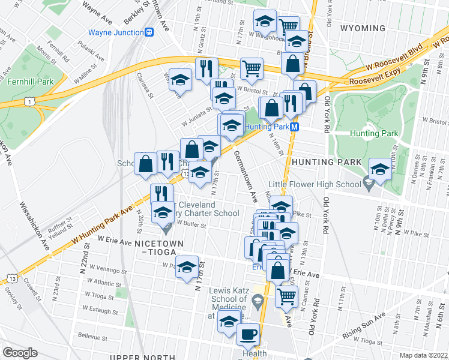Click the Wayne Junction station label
pos(115,32)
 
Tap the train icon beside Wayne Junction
pos(148,32)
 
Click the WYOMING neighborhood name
pos(363,28)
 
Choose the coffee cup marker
pos(248,334)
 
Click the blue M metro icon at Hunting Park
pos(295,127)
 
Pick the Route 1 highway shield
pos(29,103)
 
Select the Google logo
pos(20,352)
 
